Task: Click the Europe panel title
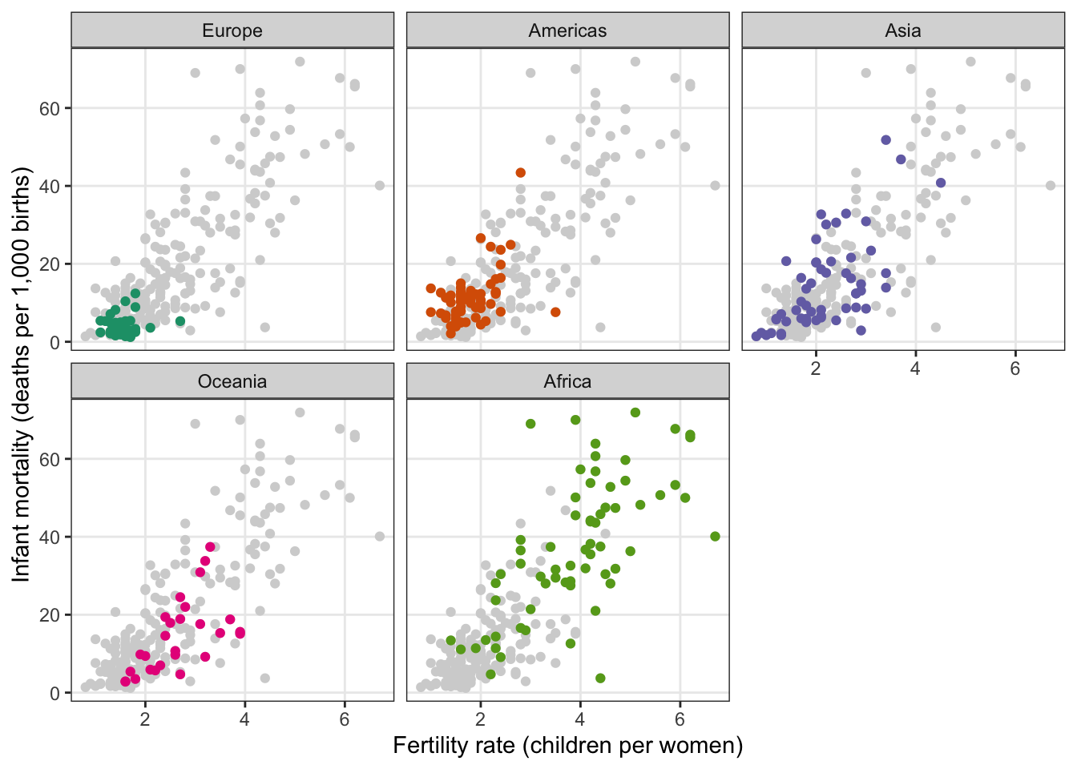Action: coord(232,31)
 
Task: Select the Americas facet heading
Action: coord(567,31)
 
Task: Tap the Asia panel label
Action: coord(903,31)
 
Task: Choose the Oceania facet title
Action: coord(232,381)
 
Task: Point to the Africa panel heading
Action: coord(567,381)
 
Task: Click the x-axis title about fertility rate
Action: coord(567,746)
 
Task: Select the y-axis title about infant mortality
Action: coord(21,374)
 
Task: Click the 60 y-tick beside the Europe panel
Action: coord(50,108)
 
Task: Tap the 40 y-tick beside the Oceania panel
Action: coord(50,537)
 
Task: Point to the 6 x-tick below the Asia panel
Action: coord(1014,368)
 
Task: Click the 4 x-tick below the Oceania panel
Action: coord(244,719)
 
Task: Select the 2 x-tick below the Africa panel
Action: coord(481,719)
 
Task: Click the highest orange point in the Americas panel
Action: coord(521,173)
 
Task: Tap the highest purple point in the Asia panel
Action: coord(886,140)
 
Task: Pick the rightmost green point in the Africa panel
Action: coord(716,537)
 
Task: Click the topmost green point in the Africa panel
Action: coord(635,413)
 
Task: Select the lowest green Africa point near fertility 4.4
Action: coord(600,678)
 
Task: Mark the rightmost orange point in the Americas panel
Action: coord(555,312)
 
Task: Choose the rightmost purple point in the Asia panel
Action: coord(941,183)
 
